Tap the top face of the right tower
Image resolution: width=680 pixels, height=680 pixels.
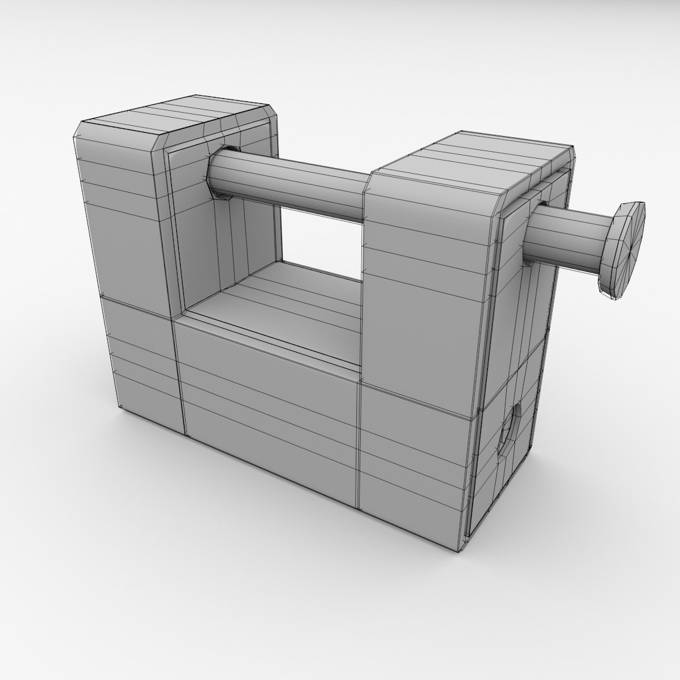click(479, 157)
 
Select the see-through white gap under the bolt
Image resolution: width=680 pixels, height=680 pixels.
click(321, 239)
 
